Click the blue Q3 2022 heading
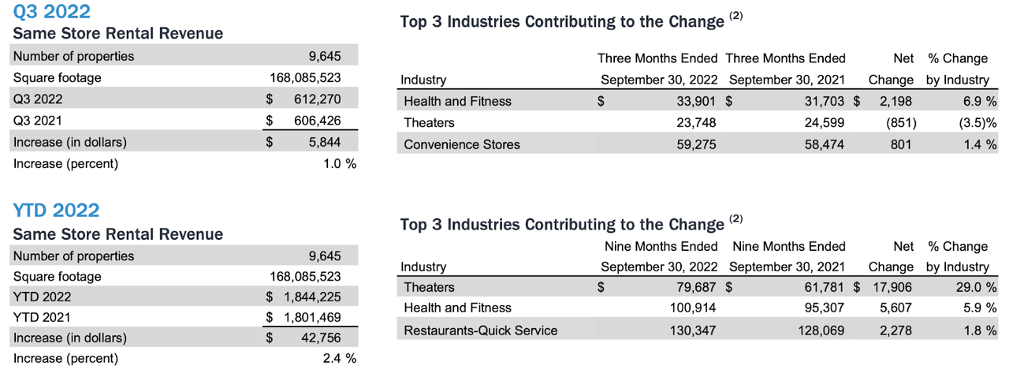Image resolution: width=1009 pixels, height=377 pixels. tap(51, 12)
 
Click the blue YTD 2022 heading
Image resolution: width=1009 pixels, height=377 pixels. tap(56, 211)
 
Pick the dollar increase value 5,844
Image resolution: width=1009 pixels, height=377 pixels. tap(327, 142)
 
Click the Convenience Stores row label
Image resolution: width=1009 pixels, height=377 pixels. tap(461, 144)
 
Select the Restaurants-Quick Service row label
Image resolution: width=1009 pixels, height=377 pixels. tap(480, 330)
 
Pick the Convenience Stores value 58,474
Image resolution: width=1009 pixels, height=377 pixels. tap(823, 144)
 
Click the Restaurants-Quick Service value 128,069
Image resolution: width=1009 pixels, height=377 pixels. tap(820, 330)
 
